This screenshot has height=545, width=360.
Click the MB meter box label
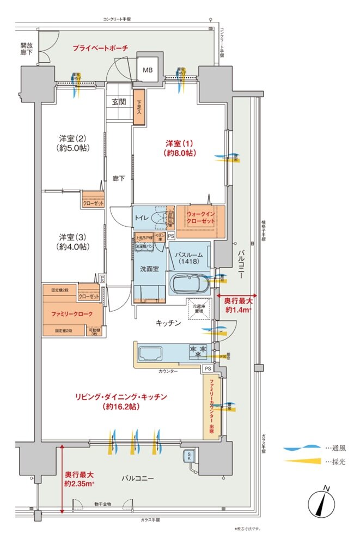tap(148, 70)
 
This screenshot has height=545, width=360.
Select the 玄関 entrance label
tap(119, 101)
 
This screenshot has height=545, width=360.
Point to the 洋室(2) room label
tap(74, 143)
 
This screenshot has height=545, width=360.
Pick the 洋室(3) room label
tap(74, 241)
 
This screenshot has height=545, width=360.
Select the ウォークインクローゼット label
tap(201, 218)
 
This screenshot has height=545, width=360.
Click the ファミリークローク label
tap(68, 314)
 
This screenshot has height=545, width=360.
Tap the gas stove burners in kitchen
tap(197, 351)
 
